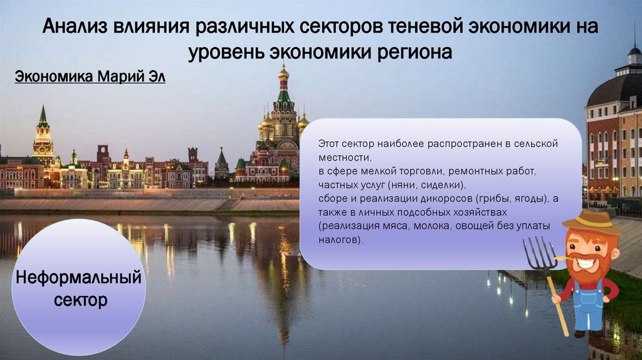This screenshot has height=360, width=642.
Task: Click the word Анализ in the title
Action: coord(75,28)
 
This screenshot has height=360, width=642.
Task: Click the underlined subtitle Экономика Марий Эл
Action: coord(90,78)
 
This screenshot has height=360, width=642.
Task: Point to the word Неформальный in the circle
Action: coord(79,278)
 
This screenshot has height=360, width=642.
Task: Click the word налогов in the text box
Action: coord(339,239)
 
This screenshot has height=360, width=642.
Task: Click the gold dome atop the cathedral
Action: coord(283,72)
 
